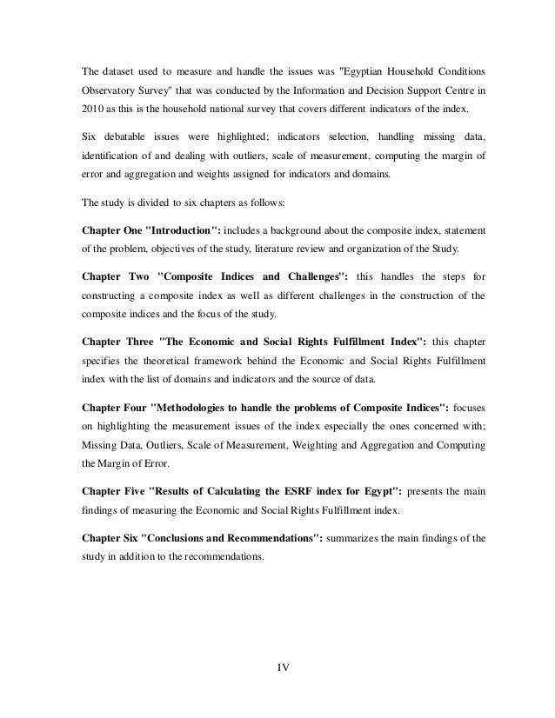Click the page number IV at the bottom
click(x=282, y=668)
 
